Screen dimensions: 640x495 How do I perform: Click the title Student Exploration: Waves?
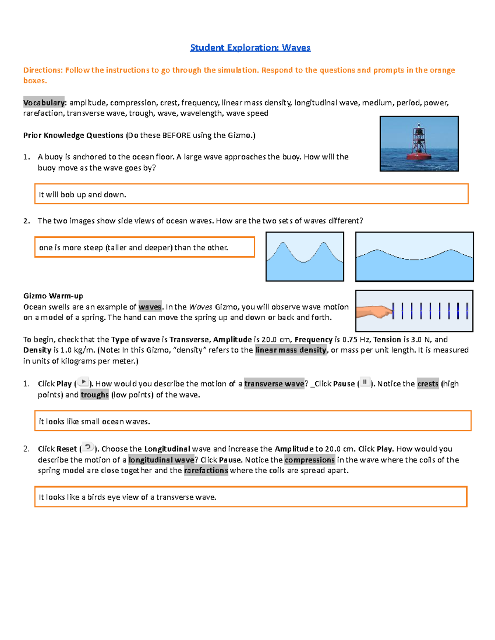(250, 48)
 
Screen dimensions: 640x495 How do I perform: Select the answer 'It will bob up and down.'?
(82, 195)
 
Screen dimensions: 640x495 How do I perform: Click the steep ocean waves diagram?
(304, 256)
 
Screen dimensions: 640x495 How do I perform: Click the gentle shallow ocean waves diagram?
(414, 256)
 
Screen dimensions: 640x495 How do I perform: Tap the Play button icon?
(83, 382)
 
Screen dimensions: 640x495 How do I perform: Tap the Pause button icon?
(365, 382)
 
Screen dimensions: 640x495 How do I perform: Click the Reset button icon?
(87, 448)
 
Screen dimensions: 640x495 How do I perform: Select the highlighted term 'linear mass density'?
(291, 350)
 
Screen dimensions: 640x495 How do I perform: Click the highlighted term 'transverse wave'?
(274, 384)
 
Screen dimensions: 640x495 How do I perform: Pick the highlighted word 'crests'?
(428, 384)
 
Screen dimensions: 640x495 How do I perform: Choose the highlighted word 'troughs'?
(94, 395)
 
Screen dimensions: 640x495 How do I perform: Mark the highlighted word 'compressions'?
(310, 460)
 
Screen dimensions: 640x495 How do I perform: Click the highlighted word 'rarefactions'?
(206, 471)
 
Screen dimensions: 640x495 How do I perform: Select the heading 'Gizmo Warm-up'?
(53, 296)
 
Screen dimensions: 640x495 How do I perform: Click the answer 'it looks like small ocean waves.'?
(94, 422)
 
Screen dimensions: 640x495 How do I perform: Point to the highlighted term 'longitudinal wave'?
(161, 460)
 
